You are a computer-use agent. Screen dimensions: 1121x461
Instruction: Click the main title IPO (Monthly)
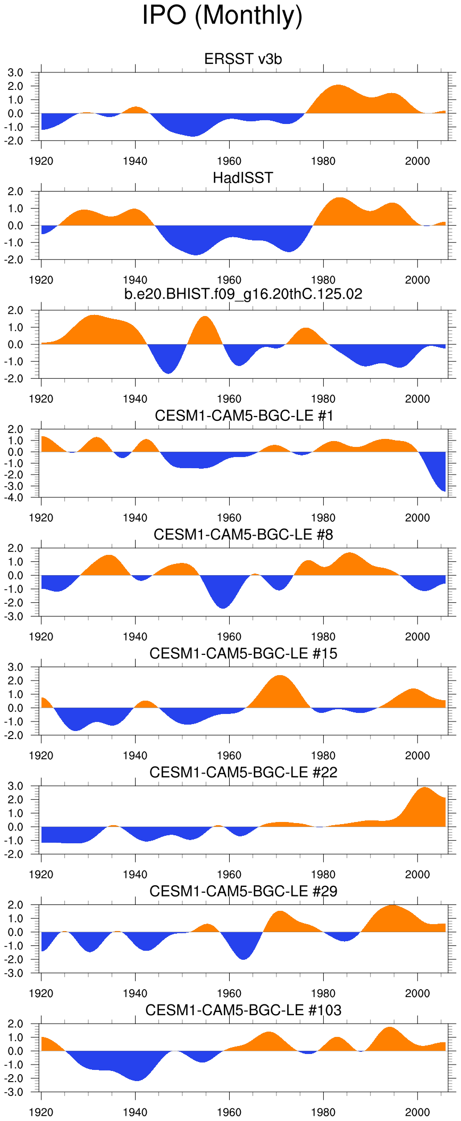(222, 15)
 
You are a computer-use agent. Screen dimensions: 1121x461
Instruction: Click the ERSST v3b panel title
(243, 59)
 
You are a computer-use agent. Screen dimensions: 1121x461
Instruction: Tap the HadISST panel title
(243, 178)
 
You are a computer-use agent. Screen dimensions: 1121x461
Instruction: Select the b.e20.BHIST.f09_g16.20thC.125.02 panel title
(243, 294)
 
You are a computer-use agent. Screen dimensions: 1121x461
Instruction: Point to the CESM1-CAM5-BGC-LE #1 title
(244, 416)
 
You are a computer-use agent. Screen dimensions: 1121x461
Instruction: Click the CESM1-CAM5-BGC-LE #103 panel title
(243, 1010)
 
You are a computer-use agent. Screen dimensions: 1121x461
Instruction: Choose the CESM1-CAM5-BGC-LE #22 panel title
(243, 773)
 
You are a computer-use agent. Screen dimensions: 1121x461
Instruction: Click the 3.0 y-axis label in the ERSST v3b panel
(15, 72)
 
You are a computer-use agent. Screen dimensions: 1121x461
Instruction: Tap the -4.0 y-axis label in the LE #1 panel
(14, 498)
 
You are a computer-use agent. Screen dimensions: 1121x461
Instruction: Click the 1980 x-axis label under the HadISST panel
(323, 280)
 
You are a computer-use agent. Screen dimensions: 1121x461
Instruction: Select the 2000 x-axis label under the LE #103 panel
(417, 1112)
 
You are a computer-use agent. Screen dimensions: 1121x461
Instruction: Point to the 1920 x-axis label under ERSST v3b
(41, 161)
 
